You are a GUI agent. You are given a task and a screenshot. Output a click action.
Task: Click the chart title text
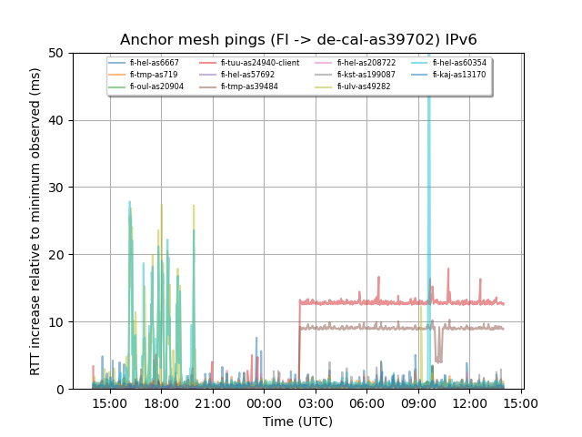pos(298,39)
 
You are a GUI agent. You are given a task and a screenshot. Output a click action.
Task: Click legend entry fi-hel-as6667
pos(154,63)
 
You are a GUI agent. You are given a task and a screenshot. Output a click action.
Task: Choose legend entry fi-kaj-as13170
pos(459,75)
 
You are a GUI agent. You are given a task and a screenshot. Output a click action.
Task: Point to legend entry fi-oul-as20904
pos(156,86)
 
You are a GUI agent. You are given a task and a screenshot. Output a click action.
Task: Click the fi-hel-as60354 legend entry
pos(459,63)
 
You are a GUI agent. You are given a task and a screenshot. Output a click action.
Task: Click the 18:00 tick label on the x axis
pos(162,402)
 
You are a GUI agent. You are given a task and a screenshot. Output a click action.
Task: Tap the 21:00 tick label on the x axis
pos(213,402)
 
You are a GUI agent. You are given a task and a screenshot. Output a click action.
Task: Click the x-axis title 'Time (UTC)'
pos(298,422)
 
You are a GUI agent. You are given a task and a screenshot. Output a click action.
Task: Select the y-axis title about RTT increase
pos(35,221)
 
